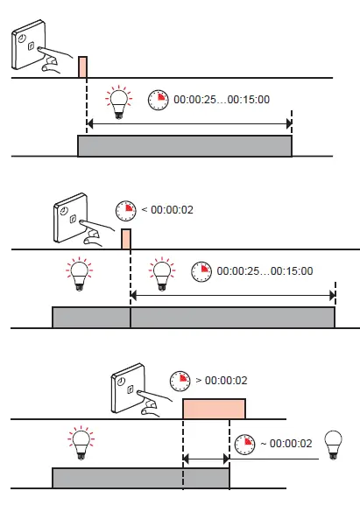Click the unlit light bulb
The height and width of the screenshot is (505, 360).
tap(333, 442)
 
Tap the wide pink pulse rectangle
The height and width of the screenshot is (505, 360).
tap(214, 409)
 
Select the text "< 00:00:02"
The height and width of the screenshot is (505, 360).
tap(161, 209)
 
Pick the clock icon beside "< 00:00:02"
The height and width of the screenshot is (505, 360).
tap(125, 209)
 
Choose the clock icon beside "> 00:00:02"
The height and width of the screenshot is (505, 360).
tap(181, 381)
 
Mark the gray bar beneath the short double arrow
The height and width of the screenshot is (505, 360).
tap(140, 479)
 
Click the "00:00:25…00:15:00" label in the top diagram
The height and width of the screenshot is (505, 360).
tap(222, 100)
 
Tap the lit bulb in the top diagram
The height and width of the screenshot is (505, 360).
tap(116, 100)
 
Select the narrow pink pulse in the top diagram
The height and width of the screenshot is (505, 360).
tap(83, 67)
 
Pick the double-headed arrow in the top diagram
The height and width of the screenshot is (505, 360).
tap(189, 124)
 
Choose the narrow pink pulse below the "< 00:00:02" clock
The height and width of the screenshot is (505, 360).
tap(126, 239)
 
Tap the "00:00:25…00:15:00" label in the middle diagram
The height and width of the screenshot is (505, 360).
tap(265, 271)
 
